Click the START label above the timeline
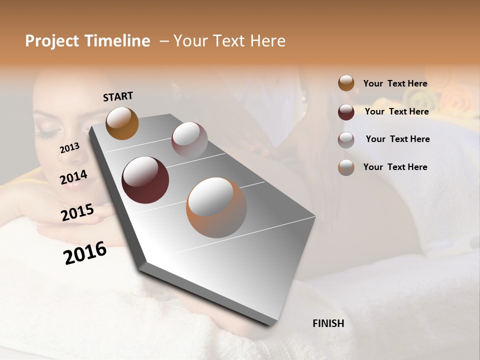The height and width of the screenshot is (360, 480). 118,96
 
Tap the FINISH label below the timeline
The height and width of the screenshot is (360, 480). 328,323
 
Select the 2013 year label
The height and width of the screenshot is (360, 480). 70,147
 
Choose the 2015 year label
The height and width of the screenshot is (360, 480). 77,212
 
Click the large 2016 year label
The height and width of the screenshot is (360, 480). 85,252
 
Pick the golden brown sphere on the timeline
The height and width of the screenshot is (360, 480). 122,123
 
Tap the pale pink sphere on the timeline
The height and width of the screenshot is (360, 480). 189,140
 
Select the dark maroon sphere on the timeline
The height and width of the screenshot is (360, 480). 145,180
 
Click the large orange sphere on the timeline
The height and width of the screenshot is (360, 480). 216,207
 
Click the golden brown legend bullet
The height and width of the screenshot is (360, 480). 346,83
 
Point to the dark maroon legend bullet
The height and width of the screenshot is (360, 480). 346,112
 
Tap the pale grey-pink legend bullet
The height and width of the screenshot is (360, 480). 346,140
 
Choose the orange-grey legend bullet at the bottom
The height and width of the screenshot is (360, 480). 346,167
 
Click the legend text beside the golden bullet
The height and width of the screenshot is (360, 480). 395,83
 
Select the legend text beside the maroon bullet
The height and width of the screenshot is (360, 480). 396,111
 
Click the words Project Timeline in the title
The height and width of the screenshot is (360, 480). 87,41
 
